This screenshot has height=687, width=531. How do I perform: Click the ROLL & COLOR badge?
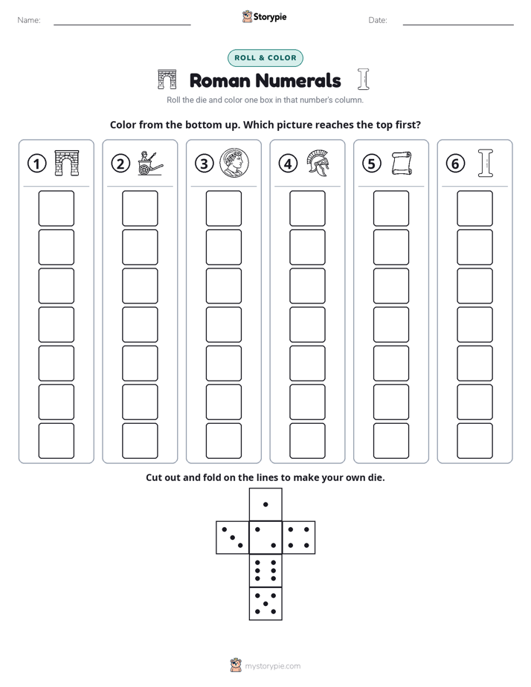click(x=265, y=58)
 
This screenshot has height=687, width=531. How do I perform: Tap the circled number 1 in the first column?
click(x=36, y=164)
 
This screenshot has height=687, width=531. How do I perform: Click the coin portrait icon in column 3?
click(x=234, y=163)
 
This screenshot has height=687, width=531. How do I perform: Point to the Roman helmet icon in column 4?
click(x=318, y=163)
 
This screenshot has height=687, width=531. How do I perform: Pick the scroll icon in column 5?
click(x=402, y=164)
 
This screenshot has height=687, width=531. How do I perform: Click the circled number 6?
click(x=455, y=164)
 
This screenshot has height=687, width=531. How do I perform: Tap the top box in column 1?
click(x=57, y=208)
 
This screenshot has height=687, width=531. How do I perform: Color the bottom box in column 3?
click(x=224, y=441)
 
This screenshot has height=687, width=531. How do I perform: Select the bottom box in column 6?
click(x=475, y=441)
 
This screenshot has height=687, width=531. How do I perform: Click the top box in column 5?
click(x=391, y=208)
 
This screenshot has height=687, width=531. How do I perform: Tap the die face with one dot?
click(x=265, y=505)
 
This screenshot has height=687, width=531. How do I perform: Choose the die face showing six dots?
click(x=265, y=570)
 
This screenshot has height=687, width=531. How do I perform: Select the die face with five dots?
click(x=265, y=604)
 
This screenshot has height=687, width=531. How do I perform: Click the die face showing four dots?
click(x=299, y=538)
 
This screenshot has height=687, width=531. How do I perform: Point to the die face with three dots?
click(x=233, y=538)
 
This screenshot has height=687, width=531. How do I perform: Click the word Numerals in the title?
click(x=298, y=80)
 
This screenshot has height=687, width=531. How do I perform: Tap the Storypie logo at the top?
click(x=264, y=16)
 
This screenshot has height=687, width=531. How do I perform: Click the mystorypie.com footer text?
click(x=272, y=666)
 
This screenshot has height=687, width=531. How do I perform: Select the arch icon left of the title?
click(x=167, y=79)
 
